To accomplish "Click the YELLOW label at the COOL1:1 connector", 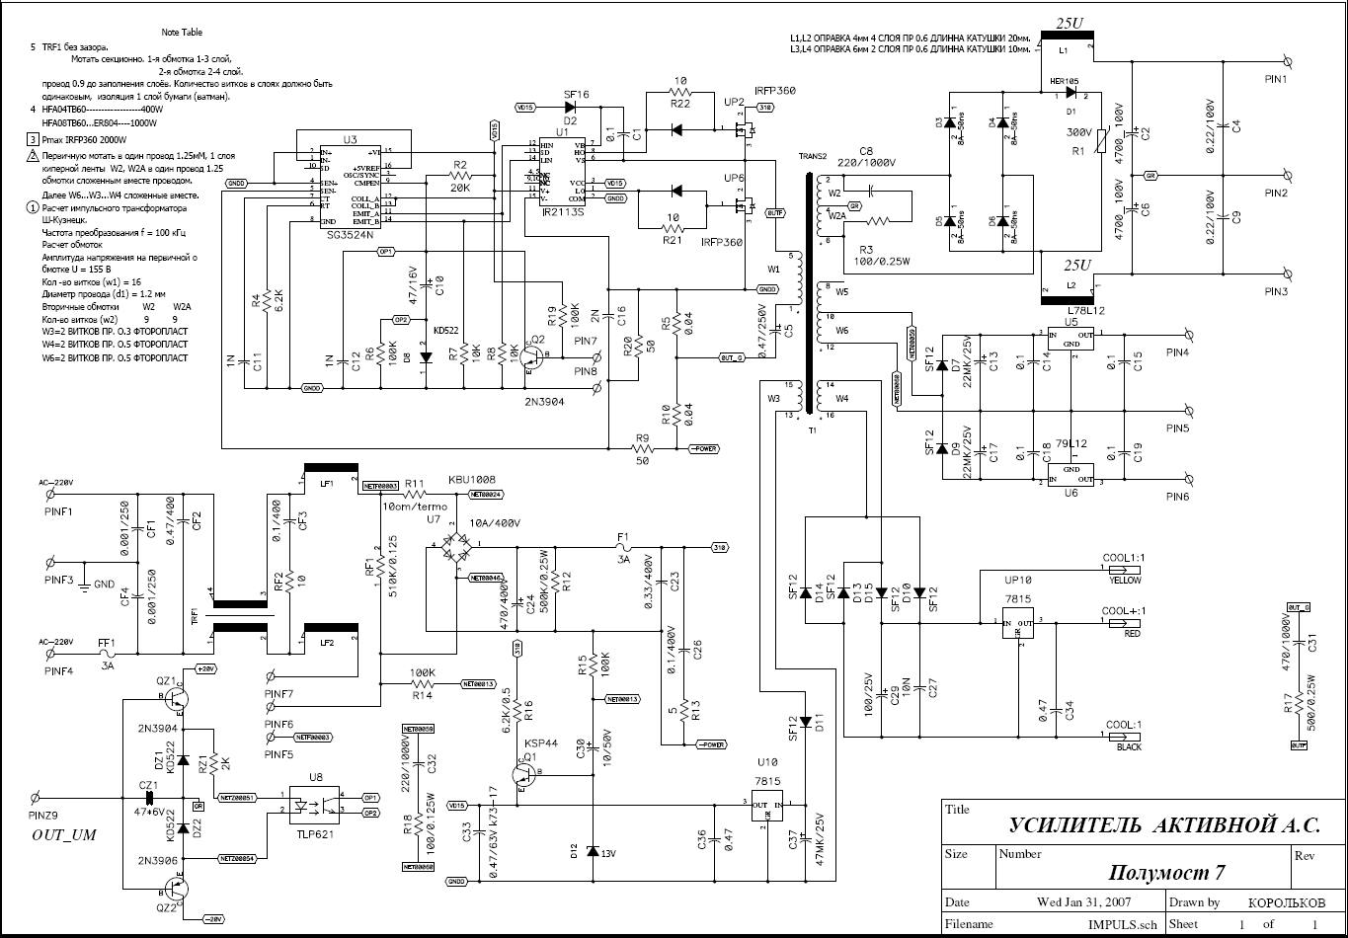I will pos(1126,581).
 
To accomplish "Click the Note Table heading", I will pos(182,33).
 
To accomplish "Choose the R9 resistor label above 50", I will pos(642,437).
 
